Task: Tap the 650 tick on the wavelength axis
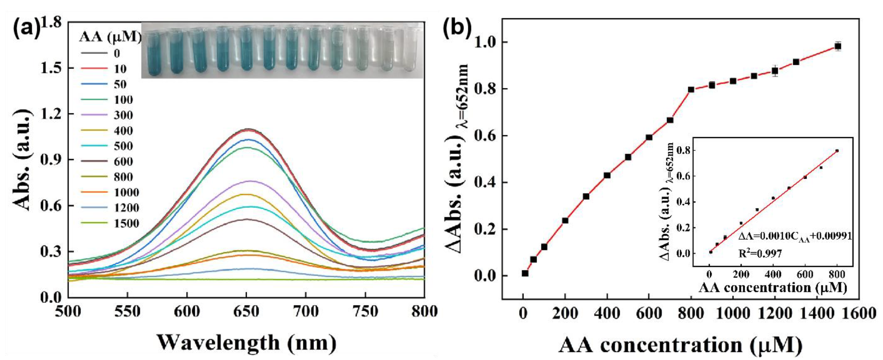coord(246,311)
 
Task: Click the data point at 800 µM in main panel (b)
coord(691,90)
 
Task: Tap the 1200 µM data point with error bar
coord(775,71)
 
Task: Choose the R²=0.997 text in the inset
coord(760,254)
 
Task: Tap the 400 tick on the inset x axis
coord(773,275)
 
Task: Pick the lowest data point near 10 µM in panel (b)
coord(525,273)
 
